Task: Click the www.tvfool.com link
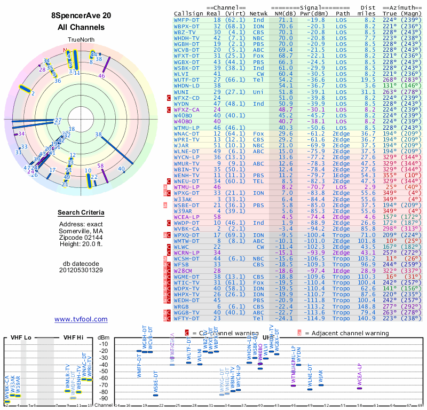click(x=81, y=319)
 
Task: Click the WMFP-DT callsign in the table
click(x=187, y=20)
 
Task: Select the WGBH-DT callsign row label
click(x=187, y=43)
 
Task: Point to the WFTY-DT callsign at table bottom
click(x=187, y=319)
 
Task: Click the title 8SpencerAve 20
click(x=81, y=16)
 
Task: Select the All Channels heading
click(x=81, y=27)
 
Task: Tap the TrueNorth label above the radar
click(x=81, y=41)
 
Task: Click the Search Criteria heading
click(x=81, y=213)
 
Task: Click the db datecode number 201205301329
click(x=81, y=270)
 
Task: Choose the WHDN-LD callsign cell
click(x=187, y=85)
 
